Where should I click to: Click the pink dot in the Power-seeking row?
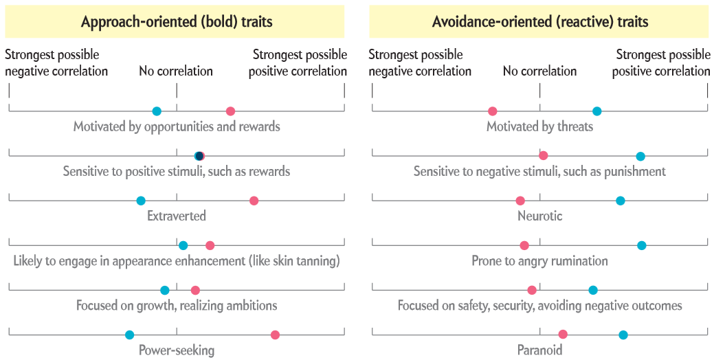[x=275, y=335]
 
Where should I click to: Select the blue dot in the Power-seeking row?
[x=130, y=335]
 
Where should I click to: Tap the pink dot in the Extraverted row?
[x=254, y=201]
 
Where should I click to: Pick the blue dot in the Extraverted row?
[x=141, y=201]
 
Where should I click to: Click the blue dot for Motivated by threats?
[x=597, y=111]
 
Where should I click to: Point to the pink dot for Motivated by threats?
[x=492, y=111]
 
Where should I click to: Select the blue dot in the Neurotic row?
[x=620, y=201]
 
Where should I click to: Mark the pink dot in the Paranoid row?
[x=563, y=335]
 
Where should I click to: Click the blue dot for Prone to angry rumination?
[x=642, y=246]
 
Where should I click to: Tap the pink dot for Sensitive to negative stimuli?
[x=544, y=156]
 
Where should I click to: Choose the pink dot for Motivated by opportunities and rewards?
[x=230, y=111]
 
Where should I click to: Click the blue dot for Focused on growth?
[x=165, y=291]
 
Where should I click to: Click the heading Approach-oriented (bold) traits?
[x=177, y=21]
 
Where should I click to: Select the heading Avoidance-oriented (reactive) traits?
[x=540, y=21]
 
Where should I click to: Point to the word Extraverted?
[x=177, y=215]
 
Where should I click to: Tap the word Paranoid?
[x=540, y=350]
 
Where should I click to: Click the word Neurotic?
[x=540, y=215]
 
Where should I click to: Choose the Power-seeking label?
[x=177, y=350]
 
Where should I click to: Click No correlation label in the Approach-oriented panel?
[x=176, y=71]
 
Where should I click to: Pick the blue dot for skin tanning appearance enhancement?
[x=183, y=246]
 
